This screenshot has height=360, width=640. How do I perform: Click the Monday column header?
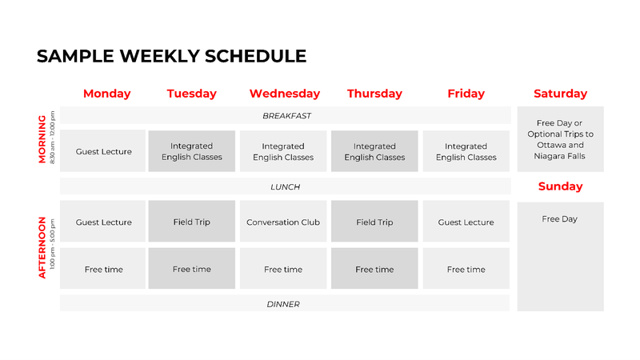click(x=107, y=94)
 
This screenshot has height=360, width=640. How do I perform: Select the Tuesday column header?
click(x=191, y=94)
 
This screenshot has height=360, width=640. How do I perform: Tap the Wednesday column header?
click(x=285, y=94)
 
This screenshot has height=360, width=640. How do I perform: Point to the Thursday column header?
click(x=374, y=94)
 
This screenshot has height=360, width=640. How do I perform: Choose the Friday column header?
click(x=466, y=94)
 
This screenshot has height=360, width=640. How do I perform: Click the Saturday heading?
click(x=561, y=94)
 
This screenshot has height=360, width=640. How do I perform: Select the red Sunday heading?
click(x=561, y=186)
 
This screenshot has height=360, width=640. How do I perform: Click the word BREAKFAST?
click(x=286, y=116)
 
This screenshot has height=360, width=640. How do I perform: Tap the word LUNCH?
click(x=286, y=187)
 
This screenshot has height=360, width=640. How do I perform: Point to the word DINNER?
click(x=283, y=304)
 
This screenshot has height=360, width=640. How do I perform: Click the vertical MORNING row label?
click(x=42, y=138)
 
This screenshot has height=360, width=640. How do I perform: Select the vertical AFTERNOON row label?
click(x=42, y=248)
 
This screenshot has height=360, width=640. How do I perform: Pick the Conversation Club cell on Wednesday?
click(x=283, y=222)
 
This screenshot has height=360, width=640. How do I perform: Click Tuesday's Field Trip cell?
click(x=192, y=222)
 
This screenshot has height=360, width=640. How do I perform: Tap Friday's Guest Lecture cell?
click(x=466, y=222)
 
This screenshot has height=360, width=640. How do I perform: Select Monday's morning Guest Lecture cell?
click(x=103, y=151)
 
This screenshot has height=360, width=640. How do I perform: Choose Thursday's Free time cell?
click(x=374, y=269)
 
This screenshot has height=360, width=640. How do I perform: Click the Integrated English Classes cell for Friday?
click(x=466, y=151)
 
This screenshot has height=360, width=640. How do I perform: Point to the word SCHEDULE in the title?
click(x=255, y=56)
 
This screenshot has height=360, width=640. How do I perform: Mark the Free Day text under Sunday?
click(x=559, y=219)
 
